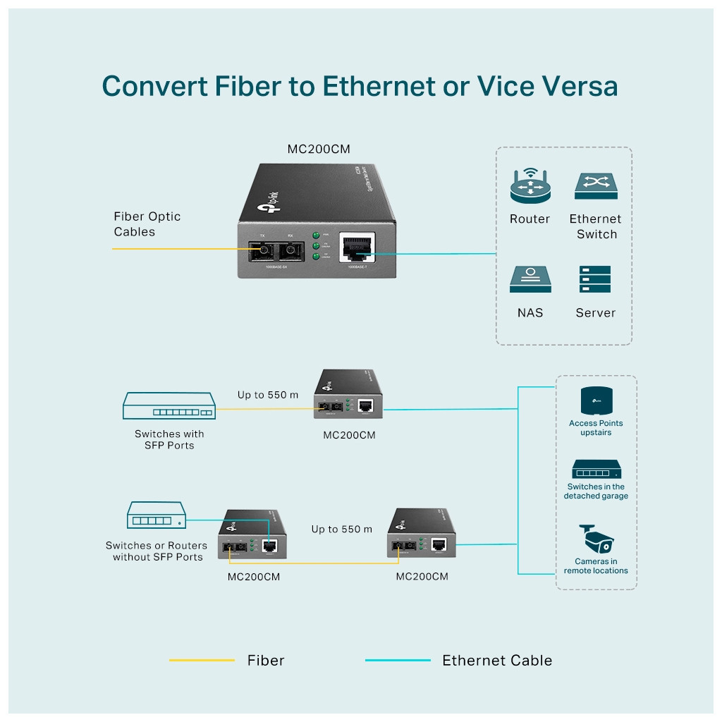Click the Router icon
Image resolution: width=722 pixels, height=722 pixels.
pyautogui.click(x=530, y=187)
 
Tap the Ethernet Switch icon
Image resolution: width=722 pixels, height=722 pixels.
pyautogui.click(x=596, y=186)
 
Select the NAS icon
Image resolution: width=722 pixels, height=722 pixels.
pyautogui.click(x=530, y=279)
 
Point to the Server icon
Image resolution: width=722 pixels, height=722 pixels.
pyautogui.click(x=594, y=279)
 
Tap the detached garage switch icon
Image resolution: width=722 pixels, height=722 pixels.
pyautogui.click(x=596, y=470)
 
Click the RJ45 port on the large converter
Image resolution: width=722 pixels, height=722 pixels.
pyautogui.click(x=356, y=248)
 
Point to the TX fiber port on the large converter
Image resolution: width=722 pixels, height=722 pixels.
pyautogui.click(x=262, y=250)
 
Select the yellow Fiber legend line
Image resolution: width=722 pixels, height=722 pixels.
pyautogui.click(x=202, y=661)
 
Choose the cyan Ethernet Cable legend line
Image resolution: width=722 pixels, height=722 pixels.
pyautogui.click(x=398, y=661)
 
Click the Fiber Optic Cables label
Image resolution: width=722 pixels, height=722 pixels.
pyautogui.click(x=147, y=224)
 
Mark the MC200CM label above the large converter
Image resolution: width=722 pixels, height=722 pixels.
pyautogui.click(x=319, y=149)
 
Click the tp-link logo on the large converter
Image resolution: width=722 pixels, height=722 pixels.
pyautogui.click(x=271, y=204)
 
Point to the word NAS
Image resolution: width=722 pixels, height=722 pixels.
pyautogui.click(x=530, y=312)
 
